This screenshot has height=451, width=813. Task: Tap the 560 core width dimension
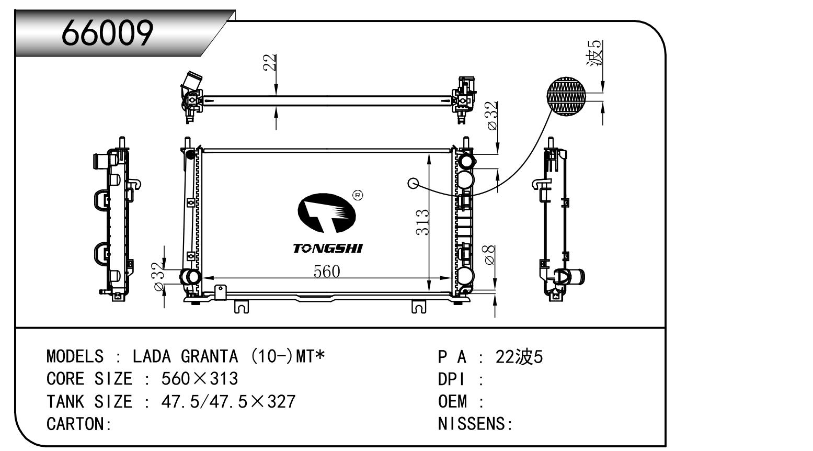pyautogui.click(x=326, y=271)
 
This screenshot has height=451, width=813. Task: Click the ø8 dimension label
pyautogui.click(x=490, y=255)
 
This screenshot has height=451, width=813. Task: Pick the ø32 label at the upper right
pyautogui.click(x=491, y=116)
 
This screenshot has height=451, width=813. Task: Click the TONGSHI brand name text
pyautogui.click(x=327, y=248)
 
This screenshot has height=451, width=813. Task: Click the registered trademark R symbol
pyautogui.click(x=358, y=195)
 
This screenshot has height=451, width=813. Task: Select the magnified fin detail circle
pyautogui.click(x=567, y=96)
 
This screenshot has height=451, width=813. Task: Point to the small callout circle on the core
pyautogui.click(x=413, y=183)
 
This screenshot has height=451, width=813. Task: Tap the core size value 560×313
pyautogui.click(x=200, y=378)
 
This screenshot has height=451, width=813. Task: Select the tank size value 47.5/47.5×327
pyautogui.click(x=228, y=401)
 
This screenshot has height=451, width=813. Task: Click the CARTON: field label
pyautogui.click(x=79, y=424)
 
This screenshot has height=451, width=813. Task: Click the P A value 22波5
pyautogui.click(x=519, y=356)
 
